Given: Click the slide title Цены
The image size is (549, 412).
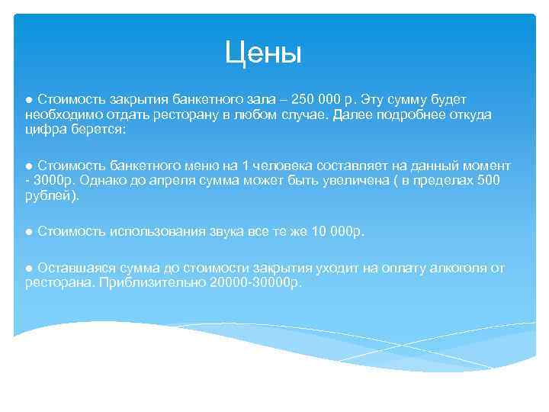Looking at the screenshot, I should click(264, 53).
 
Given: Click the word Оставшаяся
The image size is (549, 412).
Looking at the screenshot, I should click(72, 268).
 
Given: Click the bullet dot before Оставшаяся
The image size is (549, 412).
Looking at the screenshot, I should click(28, 268).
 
